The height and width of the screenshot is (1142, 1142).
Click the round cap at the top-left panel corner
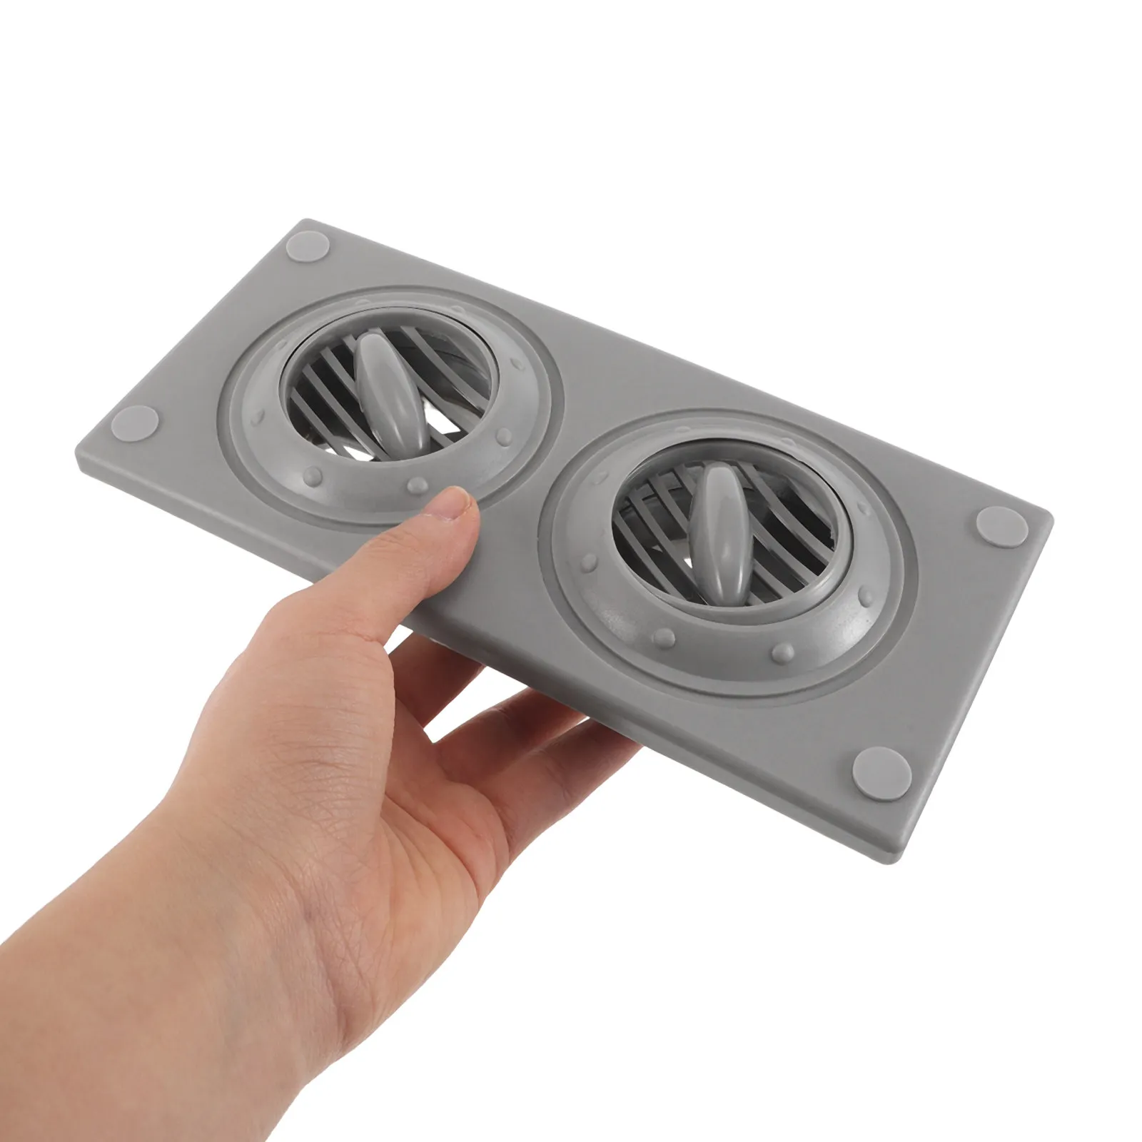coord(308,248)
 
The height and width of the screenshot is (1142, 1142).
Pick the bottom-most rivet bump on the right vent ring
coord(785,650)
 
